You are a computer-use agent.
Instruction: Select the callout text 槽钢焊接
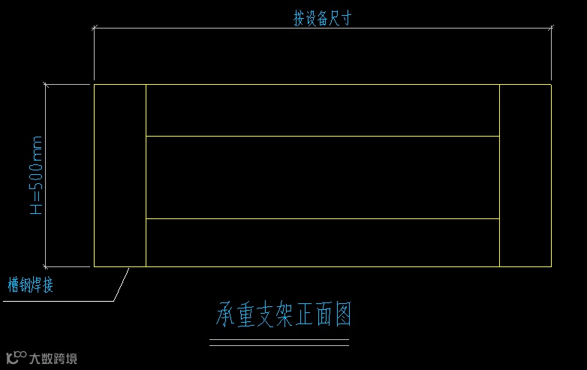pyautogui.click(x=30, y=285)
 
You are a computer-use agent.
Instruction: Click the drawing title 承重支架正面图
pyautogui.click(x=284, y=315)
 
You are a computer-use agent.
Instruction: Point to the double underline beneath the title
pyautogui.click(x=278, y=343)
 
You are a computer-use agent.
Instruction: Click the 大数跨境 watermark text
pyautogui.click(x=53, y=358)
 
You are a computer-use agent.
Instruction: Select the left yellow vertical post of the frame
pyautogui.click(x=120, y=176)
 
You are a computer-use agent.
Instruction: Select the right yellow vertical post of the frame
pyautogui.click(x=525, y=176)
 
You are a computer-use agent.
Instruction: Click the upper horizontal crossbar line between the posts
pyautogui.click(x=323, y=136)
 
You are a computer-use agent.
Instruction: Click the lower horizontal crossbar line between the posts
pyautogui.click(x=323, y=218)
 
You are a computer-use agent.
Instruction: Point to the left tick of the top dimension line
pyautogui.click(x=94, y=29)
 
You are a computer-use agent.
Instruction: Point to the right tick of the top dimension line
pyautogui.click(x=552, y=29)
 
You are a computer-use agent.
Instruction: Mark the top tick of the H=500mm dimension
pyautogui.click(x=46, y=84)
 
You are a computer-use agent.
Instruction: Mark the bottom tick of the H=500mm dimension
pyautogui.click(x=46, y=266)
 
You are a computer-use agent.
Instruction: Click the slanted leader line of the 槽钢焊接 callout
pyautogui.click(x=120, y=285)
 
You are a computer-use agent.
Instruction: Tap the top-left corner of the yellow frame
pyautogui.click(x=94, y=85)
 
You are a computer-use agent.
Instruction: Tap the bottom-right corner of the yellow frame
pyautogui.click(x=551, y=266)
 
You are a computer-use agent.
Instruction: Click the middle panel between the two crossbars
pyautogui.click(x=323, y=177)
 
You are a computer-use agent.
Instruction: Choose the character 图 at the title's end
pyautogui.click(x=342, y=315)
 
